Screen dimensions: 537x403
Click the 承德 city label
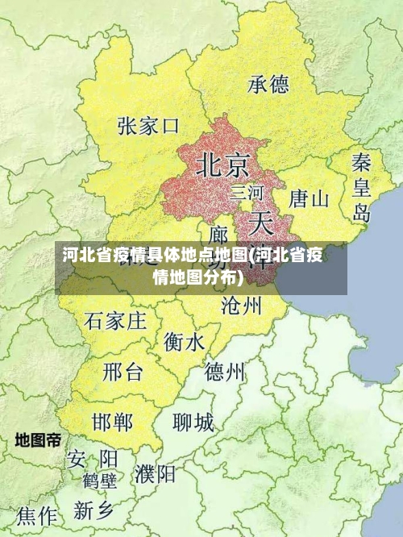tap(268, 84)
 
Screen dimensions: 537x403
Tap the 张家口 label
tap(147, 126)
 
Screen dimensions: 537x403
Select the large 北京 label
tap(223, 165)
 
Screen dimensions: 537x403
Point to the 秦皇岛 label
tap(361, 187)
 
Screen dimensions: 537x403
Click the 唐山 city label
tap(309, 198)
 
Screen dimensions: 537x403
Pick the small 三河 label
tap(247, 193)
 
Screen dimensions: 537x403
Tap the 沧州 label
tap(241, 306)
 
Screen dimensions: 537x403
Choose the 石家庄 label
tap(115, 321)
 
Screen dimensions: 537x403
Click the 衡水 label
tap(184, 343)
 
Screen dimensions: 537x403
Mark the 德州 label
tap(225, 372)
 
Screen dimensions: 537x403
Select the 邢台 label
tap(123, 372)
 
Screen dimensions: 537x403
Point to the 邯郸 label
tap(112, 422)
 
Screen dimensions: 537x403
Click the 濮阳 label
tap(156, 473)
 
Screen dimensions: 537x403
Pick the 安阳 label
tap(93, 459)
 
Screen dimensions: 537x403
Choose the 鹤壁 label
tap(99, 481)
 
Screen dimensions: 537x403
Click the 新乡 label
tap(95, 510)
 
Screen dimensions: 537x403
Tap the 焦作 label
tap(38, 514)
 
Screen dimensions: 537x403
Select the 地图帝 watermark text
tap(38, 440)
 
